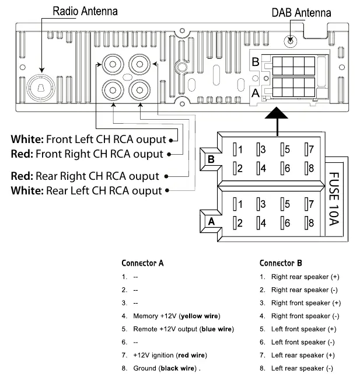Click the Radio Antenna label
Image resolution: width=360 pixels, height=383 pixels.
pyautogui.click(x=85, y=11)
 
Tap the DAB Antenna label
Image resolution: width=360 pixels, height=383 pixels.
pyautogui.click(x=301, y=13)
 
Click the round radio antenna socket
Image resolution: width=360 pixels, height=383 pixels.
pyautogui.click(x=41, y=88)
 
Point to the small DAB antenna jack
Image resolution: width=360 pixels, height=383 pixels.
pyautogui.click(x=291, y=40)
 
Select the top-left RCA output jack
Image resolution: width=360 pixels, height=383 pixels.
pyautogui.click(x=113, y=64)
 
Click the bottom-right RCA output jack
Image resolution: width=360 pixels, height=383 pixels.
pyautogui.click(x=139, y=90)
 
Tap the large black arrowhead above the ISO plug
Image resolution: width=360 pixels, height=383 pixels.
pyautogui.click(x=277, y=113)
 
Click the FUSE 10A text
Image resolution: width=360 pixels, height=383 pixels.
pyautogui.click(x=334, y=199)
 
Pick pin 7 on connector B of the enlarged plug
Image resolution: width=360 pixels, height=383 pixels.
pyautogui.click(x=309, y=149)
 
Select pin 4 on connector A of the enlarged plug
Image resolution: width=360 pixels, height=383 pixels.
pyautogui.click(x=261, y=223)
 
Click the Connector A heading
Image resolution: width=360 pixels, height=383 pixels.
pyautogui.click(x=142, y=263)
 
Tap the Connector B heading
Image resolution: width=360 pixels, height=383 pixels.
pyautogui.click(x=281, y=263)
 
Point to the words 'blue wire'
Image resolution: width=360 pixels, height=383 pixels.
pyautogui.click(x=216, y=329)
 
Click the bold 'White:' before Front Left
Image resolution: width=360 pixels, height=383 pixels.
pyautogui.click(x=27, y=139)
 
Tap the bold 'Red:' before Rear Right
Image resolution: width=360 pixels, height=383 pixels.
pyautogui.click(x=22, y=176)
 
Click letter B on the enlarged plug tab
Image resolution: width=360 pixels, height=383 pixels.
pyautogui.click(x=211, y=159)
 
